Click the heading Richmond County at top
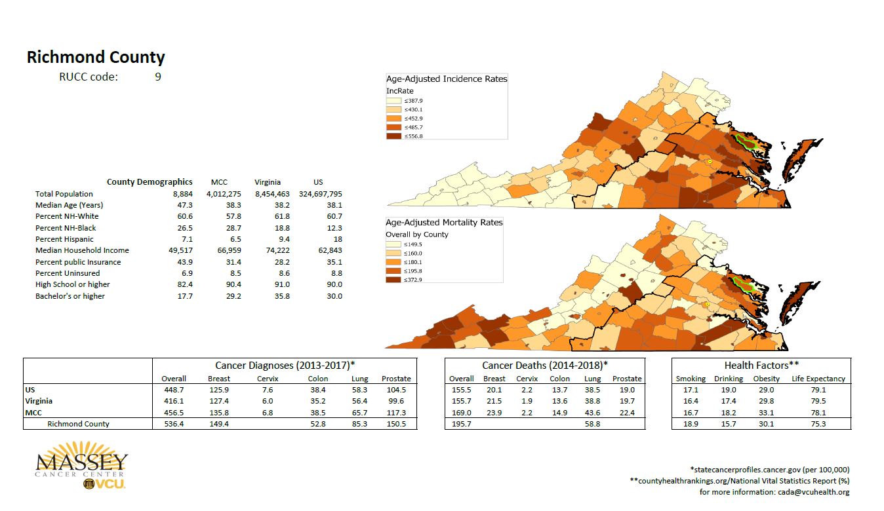(x=96, y=58)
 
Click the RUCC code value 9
(x=158, y=77)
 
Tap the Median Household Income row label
(x=82, y=250)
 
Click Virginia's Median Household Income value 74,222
(x=268, y=250)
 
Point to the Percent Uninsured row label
(x=68, y=273)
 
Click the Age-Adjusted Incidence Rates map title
(x=446, y=79)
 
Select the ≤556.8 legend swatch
(x=393, y=136)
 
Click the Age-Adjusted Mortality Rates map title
(x=444, y=223)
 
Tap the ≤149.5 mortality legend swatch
(x=393, y=244)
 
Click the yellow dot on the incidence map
(x=709, y=161)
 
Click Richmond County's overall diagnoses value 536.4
(x=174, y=424)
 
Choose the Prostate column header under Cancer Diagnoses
(x=396, y=379)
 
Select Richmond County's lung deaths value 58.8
(x=592, y=424)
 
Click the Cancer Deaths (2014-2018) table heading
(x=544, y=365)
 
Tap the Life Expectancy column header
(x=818, y=379)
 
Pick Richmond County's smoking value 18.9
(x=691, y=424)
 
